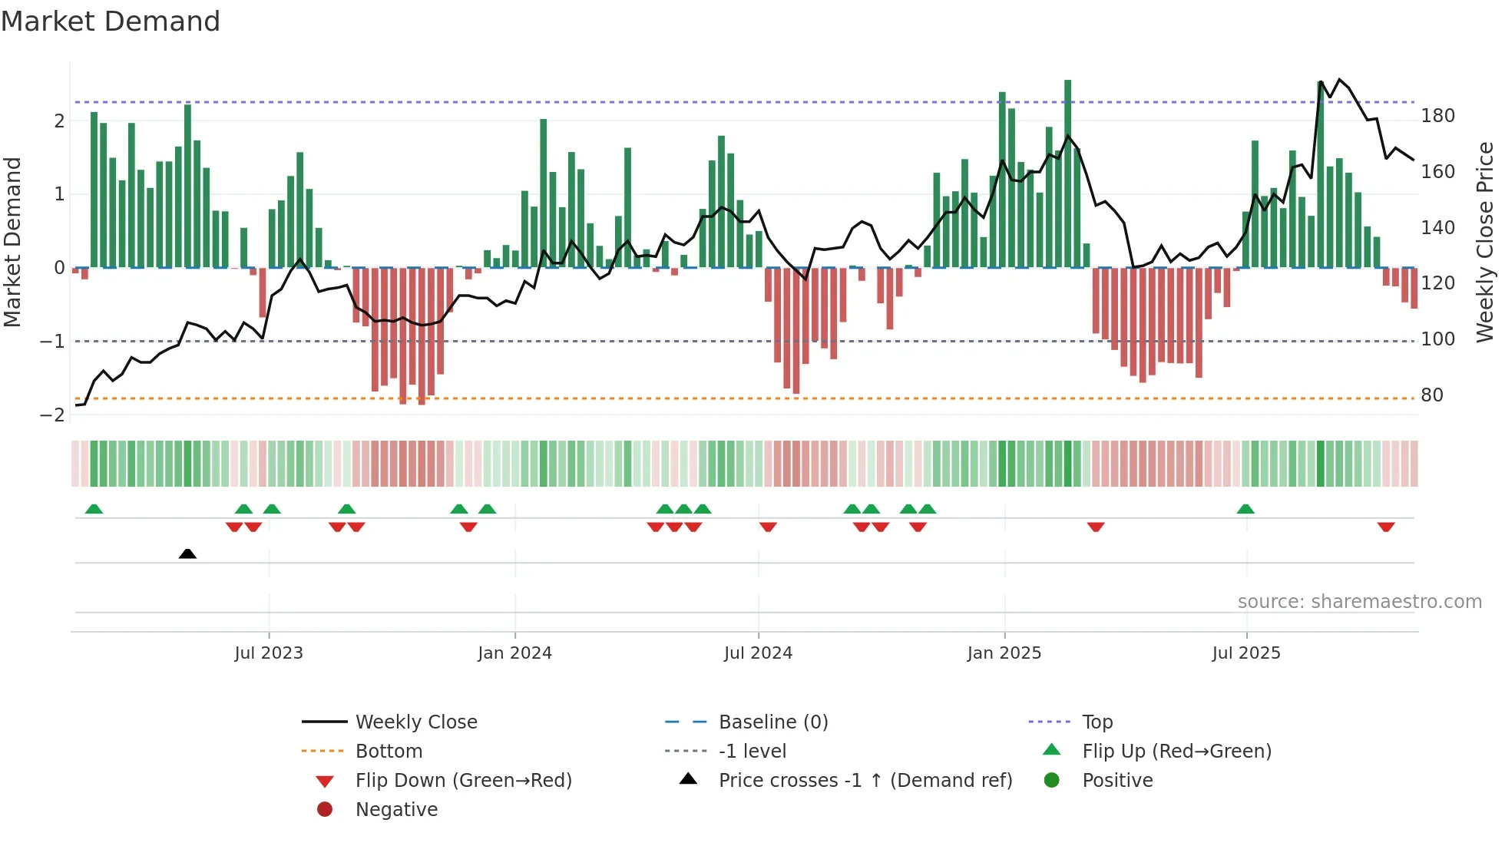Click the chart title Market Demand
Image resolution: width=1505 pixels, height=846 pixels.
tap(111, 21)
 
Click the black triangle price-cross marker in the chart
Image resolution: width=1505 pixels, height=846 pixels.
tap(187, 554)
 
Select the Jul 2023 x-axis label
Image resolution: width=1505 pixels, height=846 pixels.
tap(269, 653)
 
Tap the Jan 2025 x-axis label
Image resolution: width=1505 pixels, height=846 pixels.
tap(1004, 653)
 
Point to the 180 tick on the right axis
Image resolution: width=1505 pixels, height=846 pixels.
tap(1437, 116)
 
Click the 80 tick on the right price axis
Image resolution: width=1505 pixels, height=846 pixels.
tap(1432, 395)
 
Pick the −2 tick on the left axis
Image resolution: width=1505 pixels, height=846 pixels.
tap(53, 415)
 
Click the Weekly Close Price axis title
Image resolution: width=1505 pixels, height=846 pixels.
tap(1485, 242)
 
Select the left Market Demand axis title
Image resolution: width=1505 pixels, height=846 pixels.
tap(12, 242)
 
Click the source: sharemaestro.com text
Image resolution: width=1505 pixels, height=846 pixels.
tap(1359, 602)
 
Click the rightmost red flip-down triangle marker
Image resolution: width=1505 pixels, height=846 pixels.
tap(1386, 527)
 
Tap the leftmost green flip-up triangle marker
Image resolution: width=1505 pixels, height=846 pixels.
tap(94, 509)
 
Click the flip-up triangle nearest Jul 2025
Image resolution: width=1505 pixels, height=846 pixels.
tap(1245, 509)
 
